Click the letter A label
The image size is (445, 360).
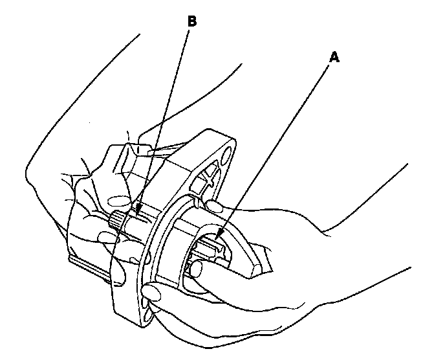coord(334,57)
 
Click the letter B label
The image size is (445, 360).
coord(191,21)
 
